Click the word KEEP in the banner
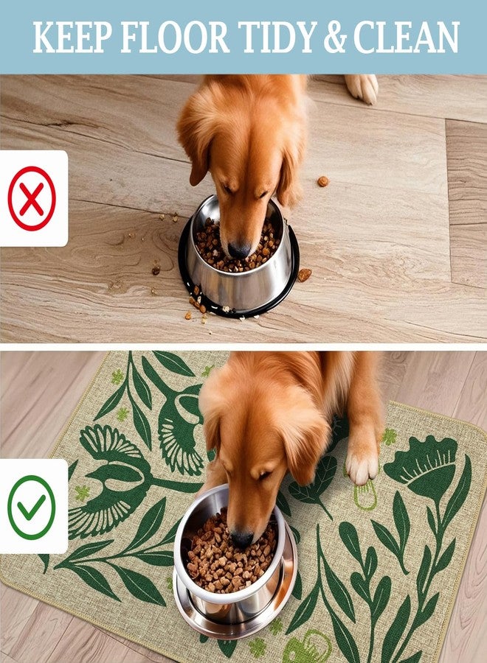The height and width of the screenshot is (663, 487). point(72,38)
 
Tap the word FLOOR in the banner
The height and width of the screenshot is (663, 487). point(175,38)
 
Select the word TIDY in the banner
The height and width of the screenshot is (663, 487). point(277,38)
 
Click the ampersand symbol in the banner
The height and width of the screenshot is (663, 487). point(335,38)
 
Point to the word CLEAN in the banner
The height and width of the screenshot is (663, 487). point(406,38)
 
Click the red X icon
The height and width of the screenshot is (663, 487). point(32,198)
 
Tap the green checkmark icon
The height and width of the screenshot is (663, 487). point(32,507)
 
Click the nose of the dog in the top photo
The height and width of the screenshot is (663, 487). point(239,250)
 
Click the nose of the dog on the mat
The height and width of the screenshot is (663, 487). point(242,539)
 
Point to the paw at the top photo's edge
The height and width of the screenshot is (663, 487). point(362,88)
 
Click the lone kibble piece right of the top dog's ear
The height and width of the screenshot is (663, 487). point(323,181)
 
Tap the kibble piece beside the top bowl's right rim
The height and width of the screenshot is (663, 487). point(304,275)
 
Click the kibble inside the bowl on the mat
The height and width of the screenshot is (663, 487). point(231,558)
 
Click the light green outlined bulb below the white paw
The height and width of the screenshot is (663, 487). point(365,495)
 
